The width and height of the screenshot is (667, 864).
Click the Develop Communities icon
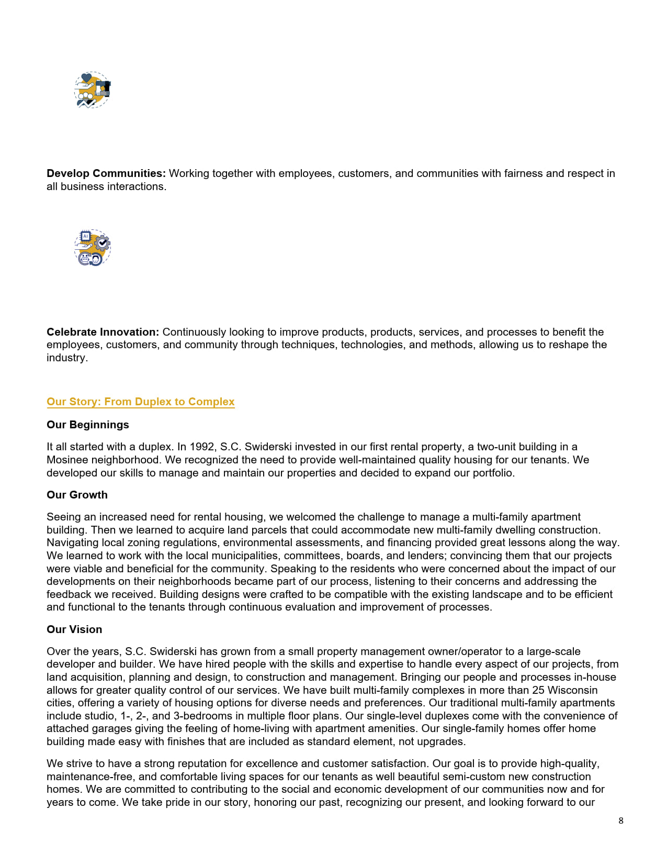[92, 90]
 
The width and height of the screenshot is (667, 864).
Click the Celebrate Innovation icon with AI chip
[92, 247]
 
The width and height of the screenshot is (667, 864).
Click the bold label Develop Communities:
[106, 173]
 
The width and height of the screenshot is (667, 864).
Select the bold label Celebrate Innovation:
[103, 332]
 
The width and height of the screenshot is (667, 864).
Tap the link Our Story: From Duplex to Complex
[140, 402]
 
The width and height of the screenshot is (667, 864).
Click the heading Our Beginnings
[87, 425]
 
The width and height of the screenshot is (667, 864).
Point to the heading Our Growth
[77, 495]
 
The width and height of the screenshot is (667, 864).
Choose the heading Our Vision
[74, 629]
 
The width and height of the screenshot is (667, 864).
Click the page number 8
[621, 821]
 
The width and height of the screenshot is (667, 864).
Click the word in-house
[595, 677]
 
